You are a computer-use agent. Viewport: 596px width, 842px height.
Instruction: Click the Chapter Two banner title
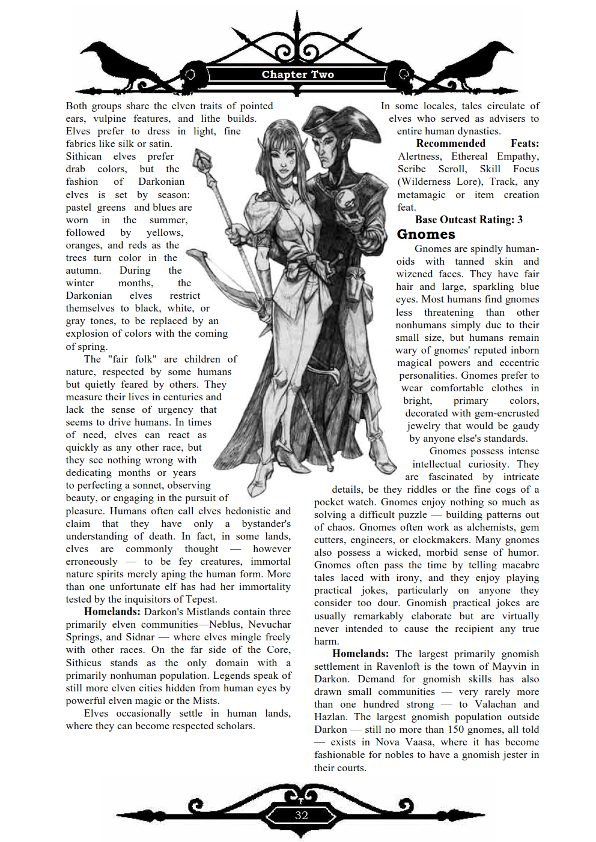297,74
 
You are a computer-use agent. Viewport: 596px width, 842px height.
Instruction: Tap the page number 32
301,815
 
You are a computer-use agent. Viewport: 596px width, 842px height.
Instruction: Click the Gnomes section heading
426,234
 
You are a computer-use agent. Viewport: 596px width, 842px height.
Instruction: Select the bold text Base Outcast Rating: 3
469,220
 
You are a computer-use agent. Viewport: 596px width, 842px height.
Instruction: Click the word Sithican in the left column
84,157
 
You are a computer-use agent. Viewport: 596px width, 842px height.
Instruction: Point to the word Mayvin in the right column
509,667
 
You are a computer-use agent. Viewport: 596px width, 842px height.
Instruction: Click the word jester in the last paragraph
511,755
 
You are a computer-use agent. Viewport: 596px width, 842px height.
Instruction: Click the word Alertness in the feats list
419,157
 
